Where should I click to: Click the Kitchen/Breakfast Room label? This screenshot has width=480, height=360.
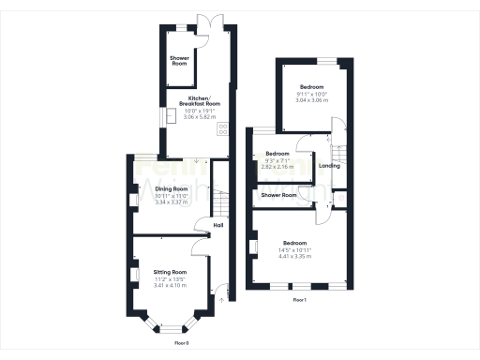[199, 100]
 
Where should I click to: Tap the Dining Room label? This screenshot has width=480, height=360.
[172, 188]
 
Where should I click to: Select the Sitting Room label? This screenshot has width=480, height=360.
[171, 271]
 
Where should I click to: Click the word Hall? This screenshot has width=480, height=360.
[217, 226]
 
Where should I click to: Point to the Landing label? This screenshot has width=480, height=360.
[329, 166]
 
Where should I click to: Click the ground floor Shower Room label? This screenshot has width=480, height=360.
[179, 61]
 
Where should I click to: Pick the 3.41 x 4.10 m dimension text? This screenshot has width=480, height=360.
[171, 284]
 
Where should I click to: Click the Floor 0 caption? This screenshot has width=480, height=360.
[182, 343]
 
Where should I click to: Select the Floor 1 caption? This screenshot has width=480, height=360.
[299, 299]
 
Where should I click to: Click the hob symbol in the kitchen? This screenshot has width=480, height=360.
[223, 130]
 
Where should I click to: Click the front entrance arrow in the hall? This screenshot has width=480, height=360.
[221, 301]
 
